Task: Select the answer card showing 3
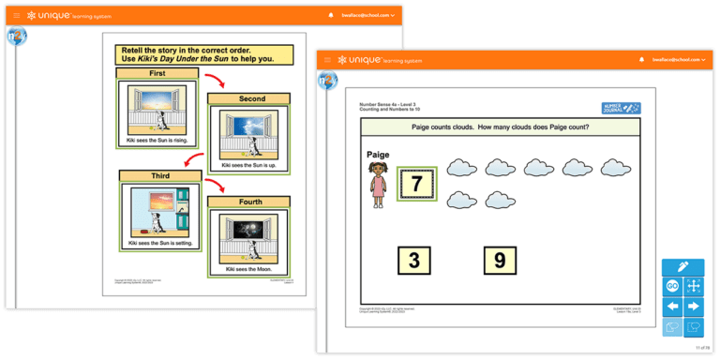tap(414, 260)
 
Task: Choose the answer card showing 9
tap(500, 260)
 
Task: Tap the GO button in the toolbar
tap(672, 286)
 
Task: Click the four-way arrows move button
tap(694, 286)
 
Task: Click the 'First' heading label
tap(156, 72)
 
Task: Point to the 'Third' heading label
tap(156, 175)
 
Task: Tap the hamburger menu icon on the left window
tap(16, 15)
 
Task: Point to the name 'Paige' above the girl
tap(375, 155)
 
